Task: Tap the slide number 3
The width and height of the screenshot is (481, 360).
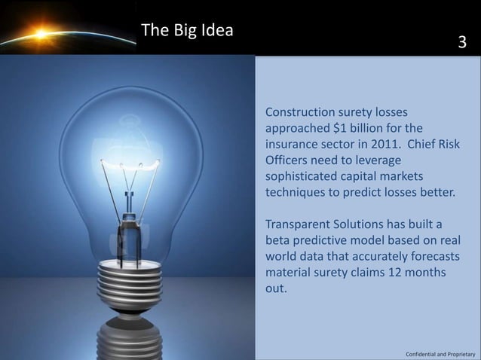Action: point(463,44)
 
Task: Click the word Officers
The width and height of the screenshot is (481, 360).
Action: point(288,160)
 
